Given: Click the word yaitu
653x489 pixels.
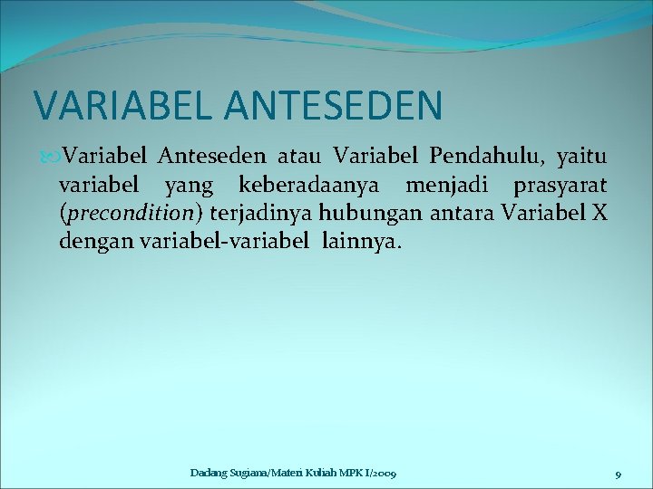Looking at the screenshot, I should pyautogui.click(x=581, y=159).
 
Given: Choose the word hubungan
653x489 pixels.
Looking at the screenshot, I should pyautogui.click(x=363, y=214).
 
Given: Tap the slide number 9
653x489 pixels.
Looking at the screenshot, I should pyautogui.click(x=617, y=474).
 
